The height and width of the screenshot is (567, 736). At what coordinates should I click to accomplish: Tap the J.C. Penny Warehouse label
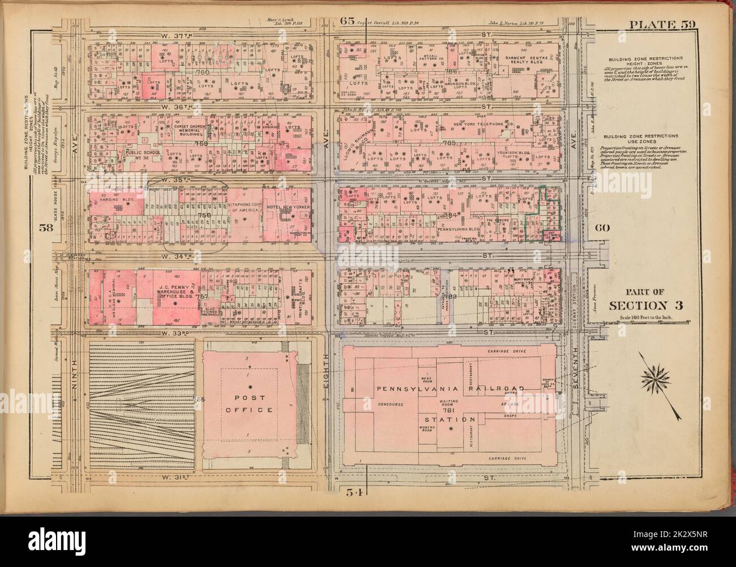click(174, 281)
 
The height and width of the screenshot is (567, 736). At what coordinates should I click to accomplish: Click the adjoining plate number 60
click(602, 228)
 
